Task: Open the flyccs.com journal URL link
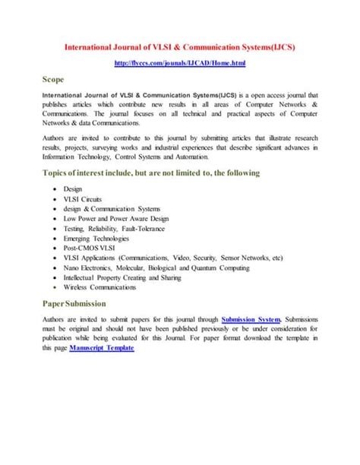pos(180,64)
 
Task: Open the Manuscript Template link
pos(101,347)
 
